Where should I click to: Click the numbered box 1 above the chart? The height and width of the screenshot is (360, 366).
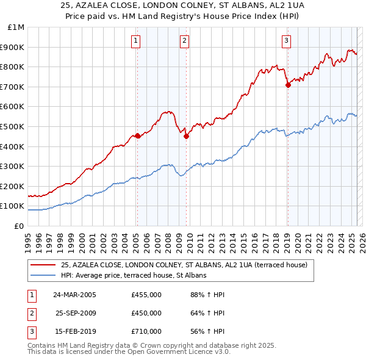[135, 41]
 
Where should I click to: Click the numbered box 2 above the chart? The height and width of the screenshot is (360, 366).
[184, 41]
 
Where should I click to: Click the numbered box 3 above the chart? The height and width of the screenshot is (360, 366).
[286, 41]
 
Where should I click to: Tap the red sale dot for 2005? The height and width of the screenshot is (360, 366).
[137, 135]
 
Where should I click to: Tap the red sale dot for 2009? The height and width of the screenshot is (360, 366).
[186, 137]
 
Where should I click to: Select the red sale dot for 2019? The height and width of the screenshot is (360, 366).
[288, 85]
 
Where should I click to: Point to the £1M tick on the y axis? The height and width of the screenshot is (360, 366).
[16, 27]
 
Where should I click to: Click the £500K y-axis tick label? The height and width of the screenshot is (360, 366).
[13, 127]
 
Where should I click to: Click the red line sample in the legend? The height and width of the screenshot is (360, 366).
[43, 265]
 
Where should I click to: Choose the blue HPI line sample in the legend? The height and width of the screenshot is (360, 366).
[43, 275]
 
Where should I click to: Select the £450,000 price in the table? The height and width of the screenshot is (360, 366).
[146, 313]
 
